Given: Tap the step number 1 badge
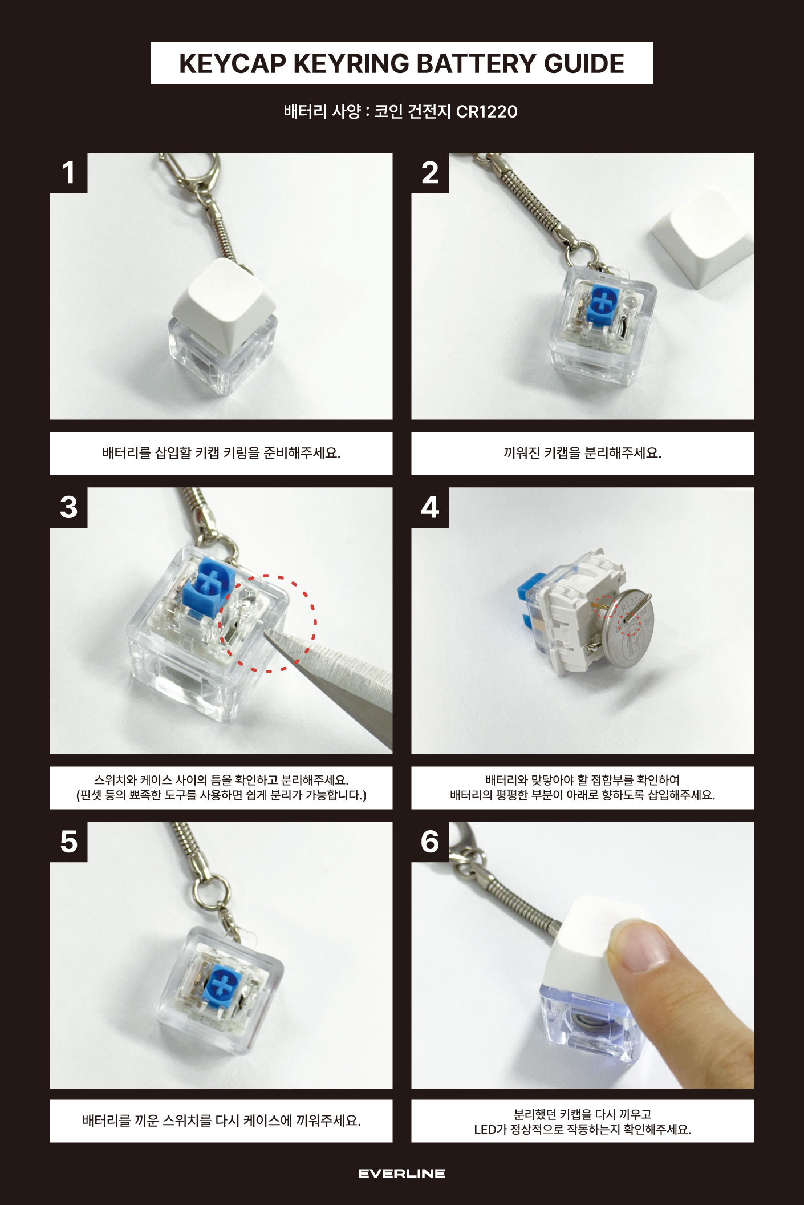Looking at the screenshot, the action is click(69, 173).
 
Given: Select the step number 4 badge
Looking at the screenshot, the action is click(430, 507).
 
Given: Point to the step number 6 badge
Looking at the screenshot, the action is click(430, 842).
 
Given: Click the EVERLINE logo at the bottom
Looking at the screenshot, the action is click(402, 1174).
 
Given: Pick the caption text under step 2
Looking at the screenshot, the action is click(582, 453).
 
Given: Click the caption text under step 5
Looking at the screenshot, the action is click(221, 1121).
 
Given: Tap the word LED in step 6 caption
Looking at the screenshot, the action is click(485, 1129).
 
